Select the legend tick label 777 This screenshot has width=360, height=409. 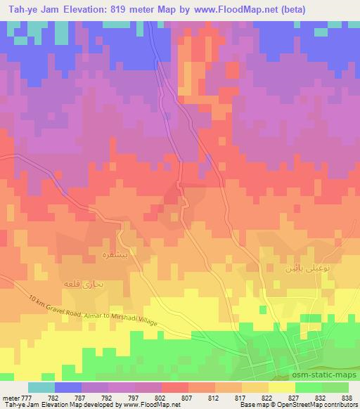coord(26,398)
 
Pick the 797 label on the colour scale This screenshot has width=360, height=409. coord(108,398)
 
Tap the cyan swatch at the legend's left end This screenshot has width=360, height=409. coord(41,387)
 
